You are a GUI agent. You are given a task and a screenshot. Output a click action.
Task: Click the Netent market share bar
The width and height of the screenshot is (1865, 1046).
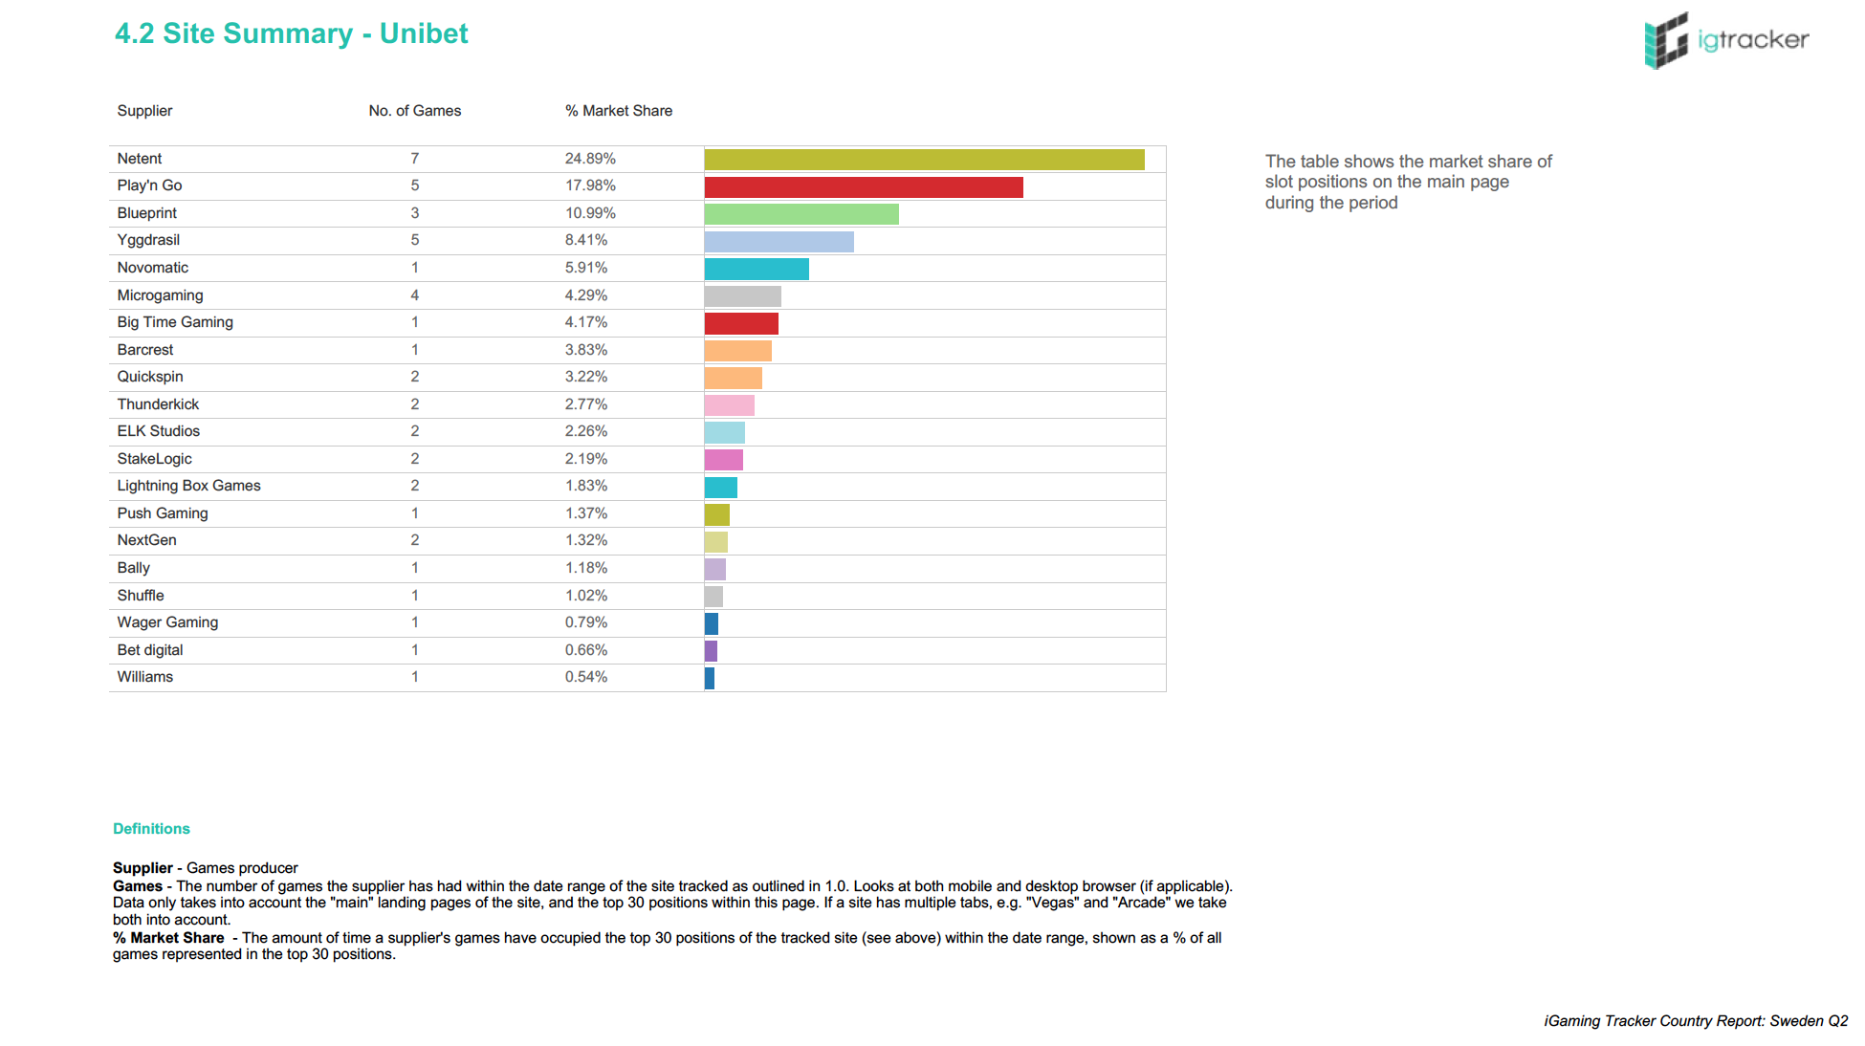[x=924, y=160]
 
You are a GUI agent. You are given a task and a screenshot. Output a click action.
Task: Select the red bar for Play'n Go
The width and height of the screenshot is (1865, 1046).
[x=864, y=187]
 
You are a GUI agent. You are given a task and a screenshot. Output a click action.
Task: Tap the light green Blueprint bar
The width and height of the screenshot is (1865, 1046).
[x=801, y=214]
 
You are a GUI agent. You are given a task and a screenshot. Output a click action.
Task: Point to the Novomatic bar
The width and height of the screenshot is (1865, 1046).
[x=757, y=270]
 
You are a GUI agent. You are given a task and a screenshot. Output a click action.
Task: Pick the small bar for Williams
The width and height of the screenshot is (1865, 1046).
[x=710, y=679]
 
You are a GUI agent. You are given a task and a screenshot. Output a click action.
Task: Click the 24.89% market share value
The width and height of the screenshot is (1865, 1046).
[x=590, y=159]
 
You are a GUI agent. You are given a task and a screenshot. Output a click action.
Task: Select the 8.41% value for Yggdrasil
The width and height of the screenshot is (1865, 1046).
[x=586, y=240]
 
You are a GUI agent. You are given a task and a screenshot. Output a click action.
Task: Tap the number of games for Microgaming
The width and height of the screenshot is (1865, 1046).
[x=415, y=295]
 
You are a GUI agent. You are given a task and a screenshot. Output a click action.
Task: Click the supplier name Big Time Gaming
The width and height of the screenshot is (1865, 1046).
[x=175, y=322]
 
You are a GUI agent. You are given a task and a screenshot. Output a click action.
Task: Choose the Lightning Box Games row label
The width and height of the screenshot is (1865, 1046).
[x=188, y=486]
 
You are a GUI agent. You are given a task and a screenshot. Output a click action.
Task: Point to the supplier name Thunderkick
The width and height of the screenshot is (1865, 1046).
[x=158, y=404]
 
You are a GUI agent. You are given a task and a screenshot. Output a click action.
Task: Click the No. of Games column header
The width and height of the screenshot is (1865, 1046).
[x=415, y=111]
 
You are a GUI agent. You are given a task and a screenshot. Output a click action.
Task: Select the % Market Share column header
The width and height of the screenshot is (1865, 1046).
[x=619, y=111]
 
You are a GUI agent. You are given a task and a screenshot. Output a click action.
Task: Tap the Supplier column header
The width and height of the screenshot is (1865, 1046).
[x=144, y=111]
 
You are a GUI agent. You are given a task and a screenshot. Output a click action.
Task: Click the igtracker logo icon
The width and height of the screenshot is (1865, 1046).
[x=1666, y=40]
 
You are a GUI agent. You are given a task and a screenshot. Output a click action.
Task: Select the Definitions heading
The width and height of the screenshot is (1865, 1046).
[x=151, y=829]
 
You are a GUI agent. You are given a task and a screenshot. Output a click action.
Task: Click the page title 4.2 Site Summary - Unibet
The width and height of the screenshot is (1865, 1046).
[x=292, y=33]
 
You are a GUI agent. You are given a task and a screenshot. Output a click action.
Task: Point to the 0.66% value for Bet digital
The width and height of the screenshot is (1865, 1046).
[x=586, y=650]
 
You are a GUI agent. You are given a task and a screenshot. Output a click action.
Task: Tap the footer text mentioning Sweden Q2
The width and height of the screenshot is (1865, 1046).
[x=1696, y=1021]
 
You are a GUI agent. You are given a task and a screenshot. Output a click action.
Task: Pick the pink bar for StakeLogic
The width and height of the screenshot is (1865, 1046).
[x=724, y=460]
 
